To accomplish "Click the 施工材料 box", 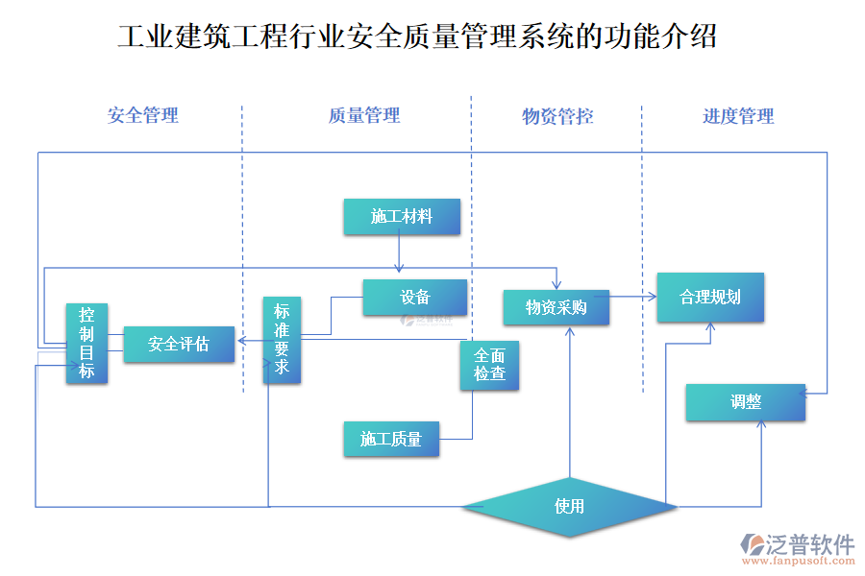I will [x=402, y=217].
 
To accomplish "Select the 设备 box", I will [x=415, y=298].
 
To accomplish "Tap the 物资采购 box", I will [x=556, y=307].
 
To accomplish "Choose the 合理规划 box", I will [x=710, y=297].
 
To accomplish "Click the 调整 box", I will [x=746, y=402].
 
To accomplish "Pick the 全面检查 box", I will [x=490, y=365].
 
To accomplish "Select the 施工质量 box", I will [x=391, y=439].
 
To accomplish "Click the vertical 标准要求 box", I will [x=282, y=341].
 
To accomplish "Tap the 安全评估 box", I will [x=179, y=344].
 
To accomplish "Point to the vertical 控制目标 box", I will [x=86, y=343].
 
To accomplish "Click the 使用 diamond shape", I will [x=569, y=505].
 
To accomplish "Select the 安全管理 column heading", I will [x=143, y=116].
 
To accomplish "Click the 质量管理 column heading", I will [x=364, y=116].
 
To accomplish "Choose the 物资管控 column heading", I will [x=557, y=117].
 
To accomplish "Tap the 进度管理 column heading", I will [x=738, y=117].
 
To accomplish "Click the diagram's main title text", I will [x=417, y=37].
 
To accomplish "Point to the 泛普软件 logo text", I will [x=810, y=544].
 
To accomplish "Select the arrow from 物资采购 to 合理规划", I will [x=632, y=298].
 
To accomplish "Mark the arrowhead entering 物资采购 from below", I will [x=571, y=330].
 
